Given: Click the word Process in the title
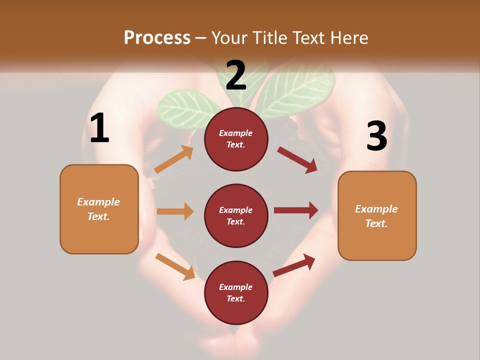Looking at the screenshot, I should (x=157, y=37).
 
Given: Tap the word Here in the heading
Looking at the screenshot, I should (x=348, y=37).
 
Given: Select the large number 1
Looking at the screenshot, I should (x=99, y=128).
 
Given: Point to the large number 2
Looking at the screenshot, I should (x=236, y=75).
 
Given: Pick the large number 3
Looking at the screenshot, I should (x=376, y=136).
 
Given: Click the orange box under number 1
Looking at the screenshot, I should (x=99, y=209).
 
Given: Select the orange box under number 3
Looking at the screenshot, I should (x=377, y=215).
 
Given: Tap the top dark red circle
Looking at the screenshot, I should (x=236, y=139).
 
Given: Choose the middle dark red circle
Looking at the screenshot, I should (x=236, y=215).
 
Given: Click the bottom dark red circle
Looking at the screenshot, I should (x=236, y=292).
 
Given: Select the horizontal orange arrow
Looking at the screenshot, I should (x=175, y=211).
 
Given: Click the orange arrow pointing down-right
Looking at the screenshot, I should (x=175, y=266).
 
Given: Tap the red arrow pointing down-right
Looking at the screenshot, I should (x=297, y=159).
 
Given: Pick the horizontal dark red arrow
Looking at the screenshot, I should (x=296, y=210).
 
